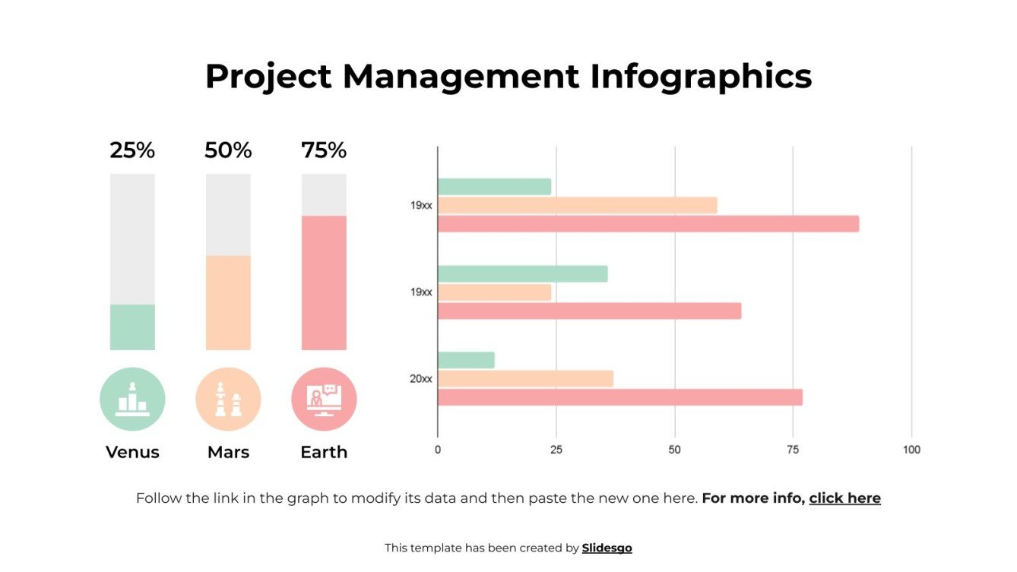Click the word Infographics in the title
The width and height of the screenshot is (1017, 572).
(x=701, y=77)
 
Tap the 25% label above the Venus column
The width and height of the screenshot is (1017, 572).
(x=132, y=150)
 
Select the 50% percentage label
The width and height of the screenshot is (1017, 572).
(x=228, y=150)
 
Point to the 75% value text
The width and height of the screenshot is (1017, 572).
(x=324, y=150)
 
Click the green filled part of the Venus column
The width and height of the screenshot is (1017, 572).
(x=132, y=327)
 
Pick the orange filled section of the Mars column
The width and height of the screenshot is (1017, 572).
(x=228, y=302)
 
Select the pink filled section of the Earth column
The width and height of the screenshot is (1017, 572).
(x=324, y=283)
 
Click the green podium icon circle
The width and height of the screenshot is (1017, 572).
(x=132, y=400)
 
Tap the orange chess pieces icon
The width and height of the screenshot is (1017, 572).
(x=228, y=400)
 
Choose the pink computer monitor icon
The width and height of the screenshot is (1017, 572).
(x=324, y=400)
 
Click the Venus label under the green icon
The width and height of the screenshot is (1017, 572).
(x=132, y=452)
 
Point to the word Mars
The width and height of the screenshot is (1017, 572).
(x=228, y=452)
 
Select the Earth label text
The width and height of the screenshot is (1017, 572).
(x=324, y=452)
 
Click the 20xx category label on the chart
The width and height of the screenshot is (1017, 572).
(x=421, y=378)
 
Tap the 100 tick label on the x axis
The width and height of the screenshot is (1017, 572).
(x=911, y=450)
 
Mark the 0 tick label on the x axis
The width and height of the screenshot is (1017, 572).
(x=438, y=450)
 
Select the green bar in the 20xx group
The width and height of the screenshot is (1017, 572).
(x=466, y=360)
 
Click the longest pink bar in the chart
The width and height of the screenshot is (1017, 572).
(x=648, y=224)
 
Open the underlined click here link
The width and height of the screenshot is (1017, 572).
(x=844, y=498)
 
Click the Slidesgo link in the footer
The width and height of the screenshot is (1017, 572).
(x=607, y=548)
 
